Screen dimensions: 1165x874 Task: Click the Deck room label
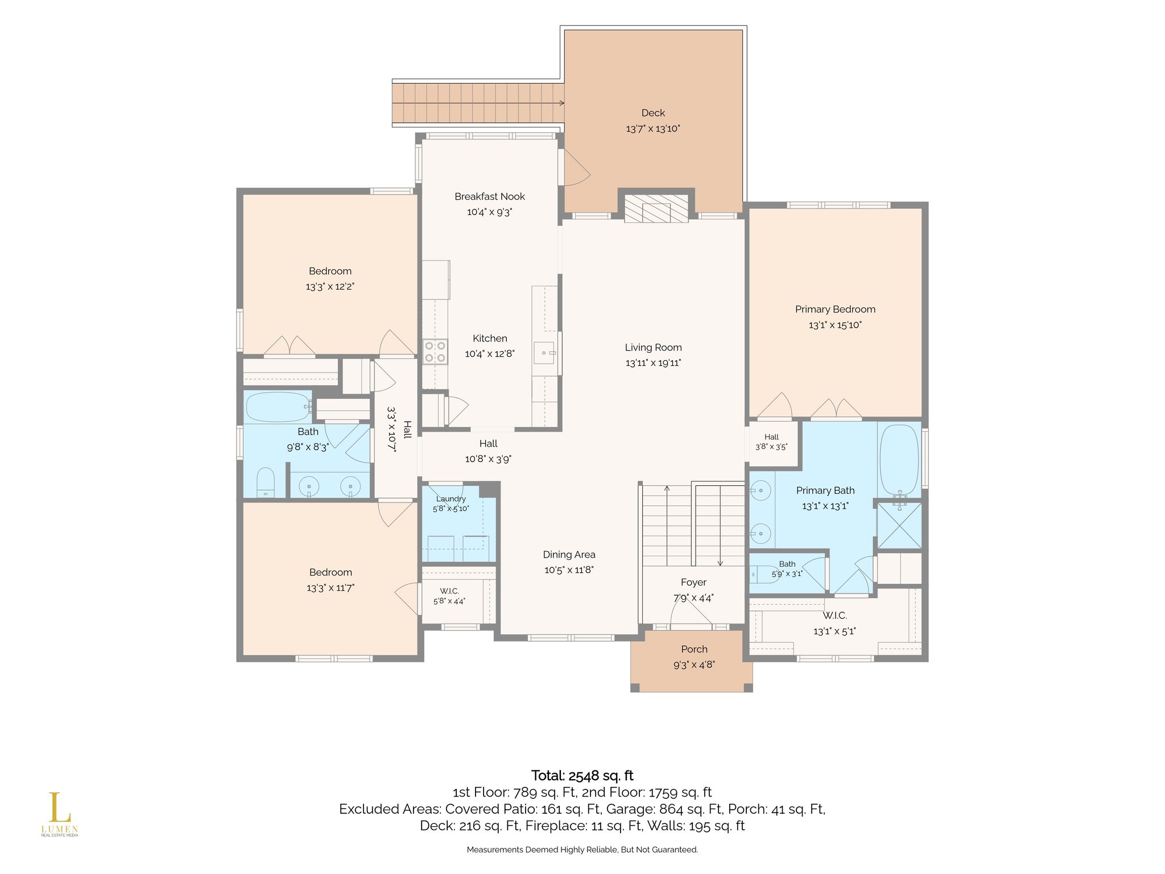click(x=653, y=113)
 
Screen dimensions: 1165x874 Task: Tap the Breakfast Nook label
click(x=490, y=197)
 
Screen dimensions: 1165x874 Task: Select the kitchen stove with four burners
click(x=435, y=351)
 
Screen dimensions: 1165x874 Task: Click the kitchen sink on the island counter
click(x=545, y=353)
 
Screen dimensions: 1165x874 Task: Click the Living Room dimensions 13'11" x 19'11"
click(x=653, y=363)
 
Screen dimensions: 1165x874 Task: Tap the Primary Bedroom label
click(x=835, y=310)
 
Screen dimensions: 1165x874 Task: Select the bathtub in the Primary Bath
click(x=899, y=460)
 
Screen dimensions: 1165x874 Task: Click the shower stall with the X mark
click(x=899, y=525)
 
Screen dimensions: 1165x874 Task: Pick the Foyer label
click(x=693, y=583)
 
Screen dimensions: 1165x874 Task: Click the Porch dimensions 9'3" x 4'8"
click(x=694, y=665)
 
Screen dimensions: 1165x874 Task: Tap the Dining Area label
click(x=569, y=555)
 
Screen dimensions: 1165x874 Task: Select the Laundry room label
click(x=451, y=499)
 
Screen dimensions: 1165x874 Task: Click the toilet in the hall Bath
click(x=266, y=483)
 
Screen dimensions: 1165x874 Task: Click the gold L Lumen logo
click(x=59, y=814)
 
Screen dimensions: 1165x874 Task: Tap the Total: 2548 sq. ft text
click(x=582, y=776)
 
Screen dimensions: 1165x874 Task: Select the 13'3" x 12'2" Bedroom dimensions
click(x=330, y=287)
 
